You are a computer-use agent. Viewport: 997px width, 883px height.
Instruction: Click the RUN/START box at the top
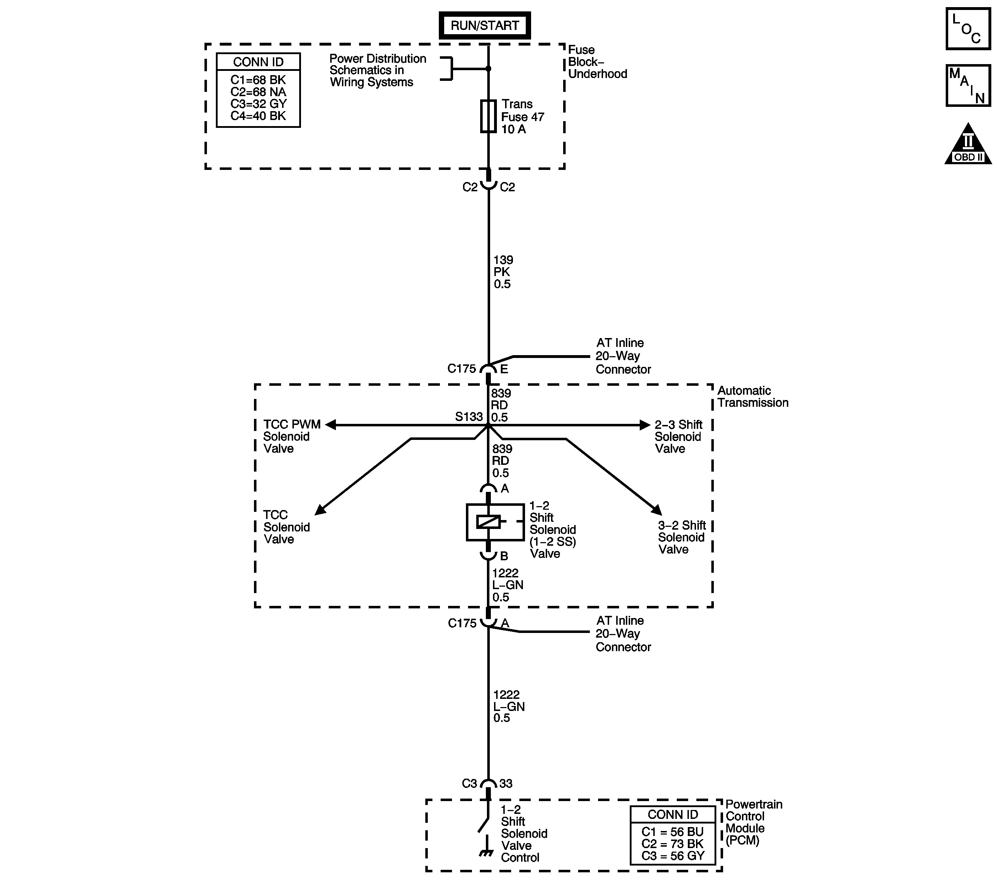484,25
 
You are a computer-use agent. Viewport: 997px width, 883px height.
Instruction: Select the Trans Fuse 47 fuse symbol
488,116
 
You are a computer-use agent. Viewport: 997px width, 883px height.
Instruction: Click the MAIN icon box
968,85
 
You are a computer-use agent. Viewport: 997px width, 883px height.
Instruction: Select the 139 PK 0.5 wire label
503,272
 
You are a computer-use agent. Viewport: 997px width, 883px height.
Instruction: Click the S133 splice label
468,417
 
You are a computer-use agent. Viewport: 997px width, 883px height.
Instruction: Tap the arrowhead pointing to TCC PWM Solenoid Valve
331,425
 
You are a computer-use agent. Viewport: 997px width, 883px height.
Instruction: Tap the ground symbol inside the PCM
485,853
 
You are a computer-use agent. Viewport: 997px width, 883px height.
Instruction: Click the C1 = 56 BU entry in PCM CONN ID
672,832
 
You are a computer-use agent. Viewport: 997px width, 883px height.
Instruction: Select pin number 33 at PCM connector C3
506,784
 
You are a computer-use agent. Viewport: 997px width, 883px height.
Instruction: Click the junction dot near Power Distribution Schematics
488,69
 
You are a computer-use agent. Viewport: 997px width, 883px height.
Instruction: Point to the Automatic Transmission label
752,396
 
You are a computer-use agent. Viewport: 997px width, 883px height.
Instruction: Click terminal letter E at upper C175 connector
504,369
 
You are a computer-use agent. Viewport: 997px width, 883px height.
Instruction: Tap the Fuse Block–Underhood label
597,62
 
